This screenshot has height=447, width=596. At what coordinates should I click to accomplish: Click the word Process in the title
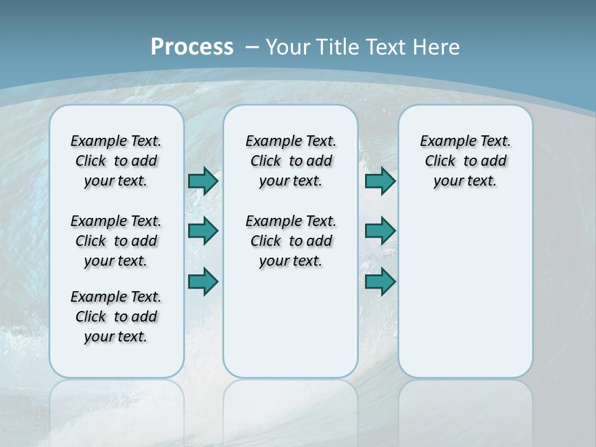pyautogui.click(x=192, y=47)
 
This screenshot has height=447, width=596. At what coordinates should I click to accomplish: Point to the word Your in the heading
pyautogui.click(x=289, y=47)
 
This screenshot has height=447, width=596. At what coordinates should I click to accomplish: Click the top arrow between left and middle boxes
pyautogui.click(x=203, y=181)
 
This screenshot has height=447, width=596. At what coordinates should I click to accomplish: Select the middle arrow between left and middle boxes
pyautogui.click(x=203, y=231)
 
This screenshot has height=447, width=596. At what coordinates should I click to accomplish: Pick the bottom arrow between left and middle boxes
pyautogui.click(x=203, y=281)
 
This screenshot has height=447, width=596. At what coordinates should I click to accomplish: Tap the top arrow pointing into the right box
pyautogui.click(x=380, y=181)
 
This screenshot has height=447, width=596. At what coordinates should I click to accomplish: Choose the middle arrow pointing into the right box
pyautogui.click(x=380, y=231)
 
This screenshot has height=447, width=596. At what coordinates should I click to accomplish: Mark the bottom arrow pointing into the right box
pyautogui.click(x=380, y=281)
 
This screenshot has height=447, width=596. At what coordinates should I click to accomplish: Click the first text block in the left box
pyautogui.click(x=116, y=161)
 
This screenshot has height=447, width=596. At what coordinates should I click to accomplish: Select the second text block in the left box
pyautogui.click(x=116, y=241)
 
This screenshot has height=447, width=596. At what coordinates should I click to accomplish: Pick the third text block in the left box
pyautogui.click(x=116, y=317)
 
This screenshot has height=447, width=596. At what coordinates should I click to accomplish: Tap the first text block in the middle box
pyautogui.click(x=291, y=161)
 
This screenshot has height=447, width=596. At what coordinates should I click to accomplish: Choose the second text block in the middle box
pyautogui.click(x=291, y=241)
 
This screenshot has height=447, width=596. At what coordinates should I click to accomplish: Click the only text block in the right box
pyautogui.click(x=466, y=161)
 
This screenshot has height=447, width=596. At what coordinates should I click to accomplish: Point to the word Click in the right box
pyautogui.click(x=440, y=161)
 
